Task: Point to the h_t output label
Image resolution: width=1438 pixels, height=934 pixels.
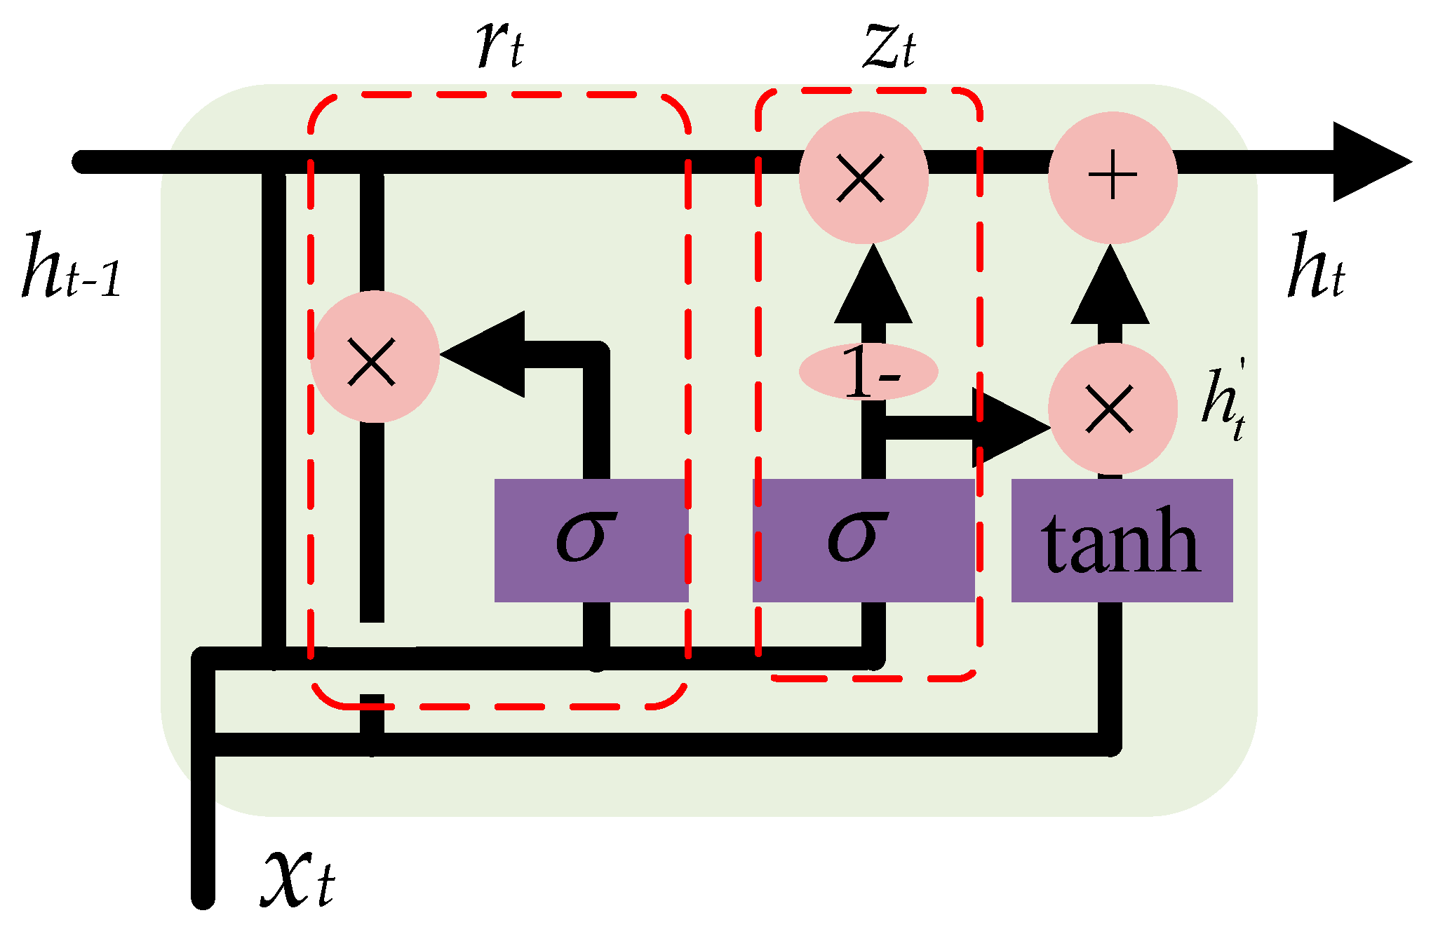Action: tap(1316, 267)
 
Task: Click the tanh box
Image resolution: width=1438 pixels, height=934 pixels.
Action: tap(1121, 540)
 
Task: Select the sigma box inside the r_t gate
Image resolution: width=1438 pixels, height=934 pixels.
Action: tap(591, 540)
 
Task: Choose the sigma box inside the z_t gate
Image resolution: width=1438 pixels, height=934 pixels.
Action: tap(863, 540)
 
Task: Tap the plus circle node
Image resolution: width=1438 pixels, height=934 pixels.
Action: tap(1112, 177)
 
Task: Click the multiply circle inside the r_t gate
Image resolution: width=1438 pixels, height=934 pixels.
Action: tap(374, 357)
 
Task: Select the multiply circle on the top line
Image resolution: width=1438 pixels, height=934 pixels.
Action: tap(863, 177)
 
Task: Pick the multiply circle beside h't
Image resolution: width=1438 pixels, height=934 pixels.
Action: tap(1112, 409)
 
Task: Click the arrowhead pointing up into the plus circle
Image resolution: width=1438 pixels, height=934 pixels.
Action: tap(1110, 287)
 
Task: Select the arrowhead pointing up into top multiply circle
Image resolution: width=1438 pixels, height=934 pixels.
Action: tap(873, 287)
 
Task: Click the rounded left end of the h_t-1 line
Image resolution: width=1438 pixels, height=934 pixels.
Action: tap(81, 162)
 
